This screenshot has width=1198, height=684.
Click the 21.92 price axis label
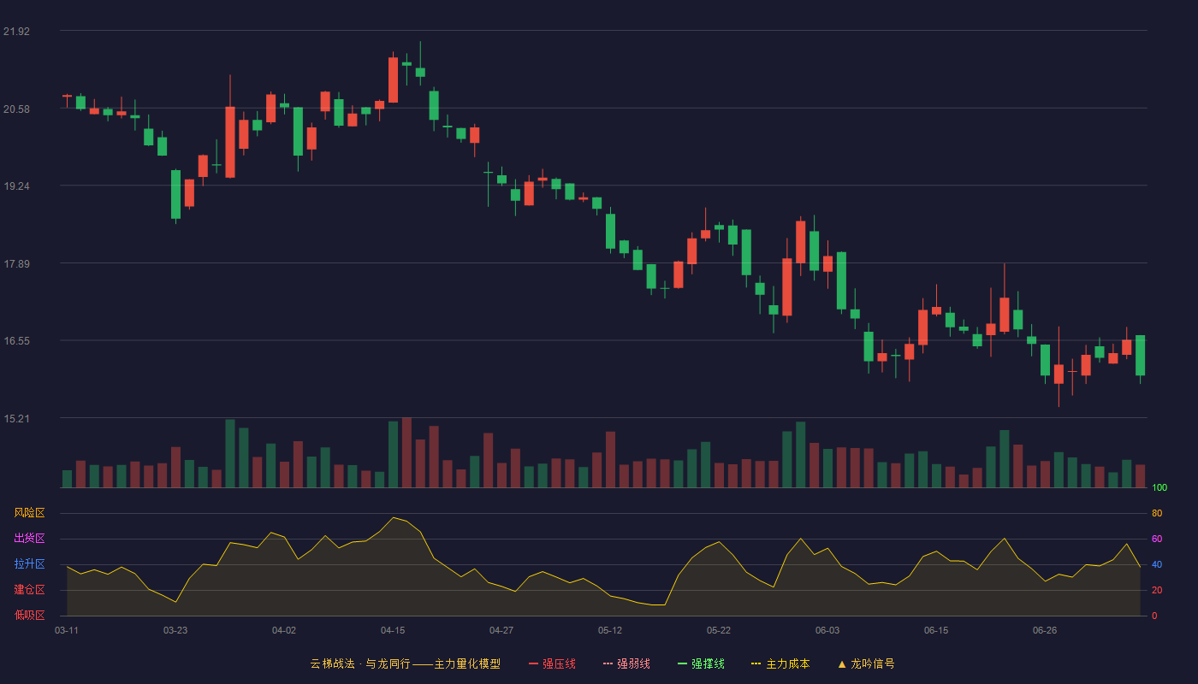coord(16,32)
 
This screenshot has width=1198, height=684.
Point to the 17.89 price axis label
coord(16,264)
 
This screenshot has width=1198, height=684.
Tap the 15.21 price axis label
coord(16,418)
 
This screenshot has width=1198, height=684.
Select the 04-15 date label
coord(393,631)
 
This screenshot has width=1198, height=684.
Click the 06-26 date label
coord(1045,631)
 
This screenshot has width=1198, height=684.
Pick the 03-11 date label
coord(67,631)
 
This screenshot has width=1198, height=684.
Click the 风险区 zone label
coord(29,513)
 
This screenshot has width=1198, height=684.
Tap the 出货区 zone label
coord(29,538)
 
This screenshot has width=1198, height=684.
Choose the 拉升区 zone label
coord(29,563)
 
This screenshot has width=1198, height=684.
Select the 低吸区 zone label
coord(29,615)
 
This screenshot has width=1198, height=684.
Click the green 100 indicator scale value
coord(1159,487)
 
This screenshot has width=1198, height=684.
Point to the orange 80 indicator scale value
coord(1157,513)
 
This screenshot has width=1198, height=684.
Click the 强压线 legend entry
coord(552,663)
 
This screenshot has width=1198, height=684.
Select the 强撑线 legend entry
coord(701,663)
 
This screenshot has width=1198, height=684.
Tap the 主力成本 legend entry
coord(780,663)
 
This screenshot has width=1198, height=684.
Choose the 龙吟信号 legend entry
coord(866,663)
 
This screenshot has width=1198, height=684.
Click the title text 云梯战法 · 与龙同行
coord(360,663)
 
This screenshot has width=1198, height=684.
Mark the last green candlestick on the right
coord(1140,356)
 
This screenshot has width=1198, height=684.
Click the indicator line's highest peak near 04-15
coord(394,517)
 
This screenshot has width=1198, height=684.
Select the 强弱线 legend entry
coord(626,663)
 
